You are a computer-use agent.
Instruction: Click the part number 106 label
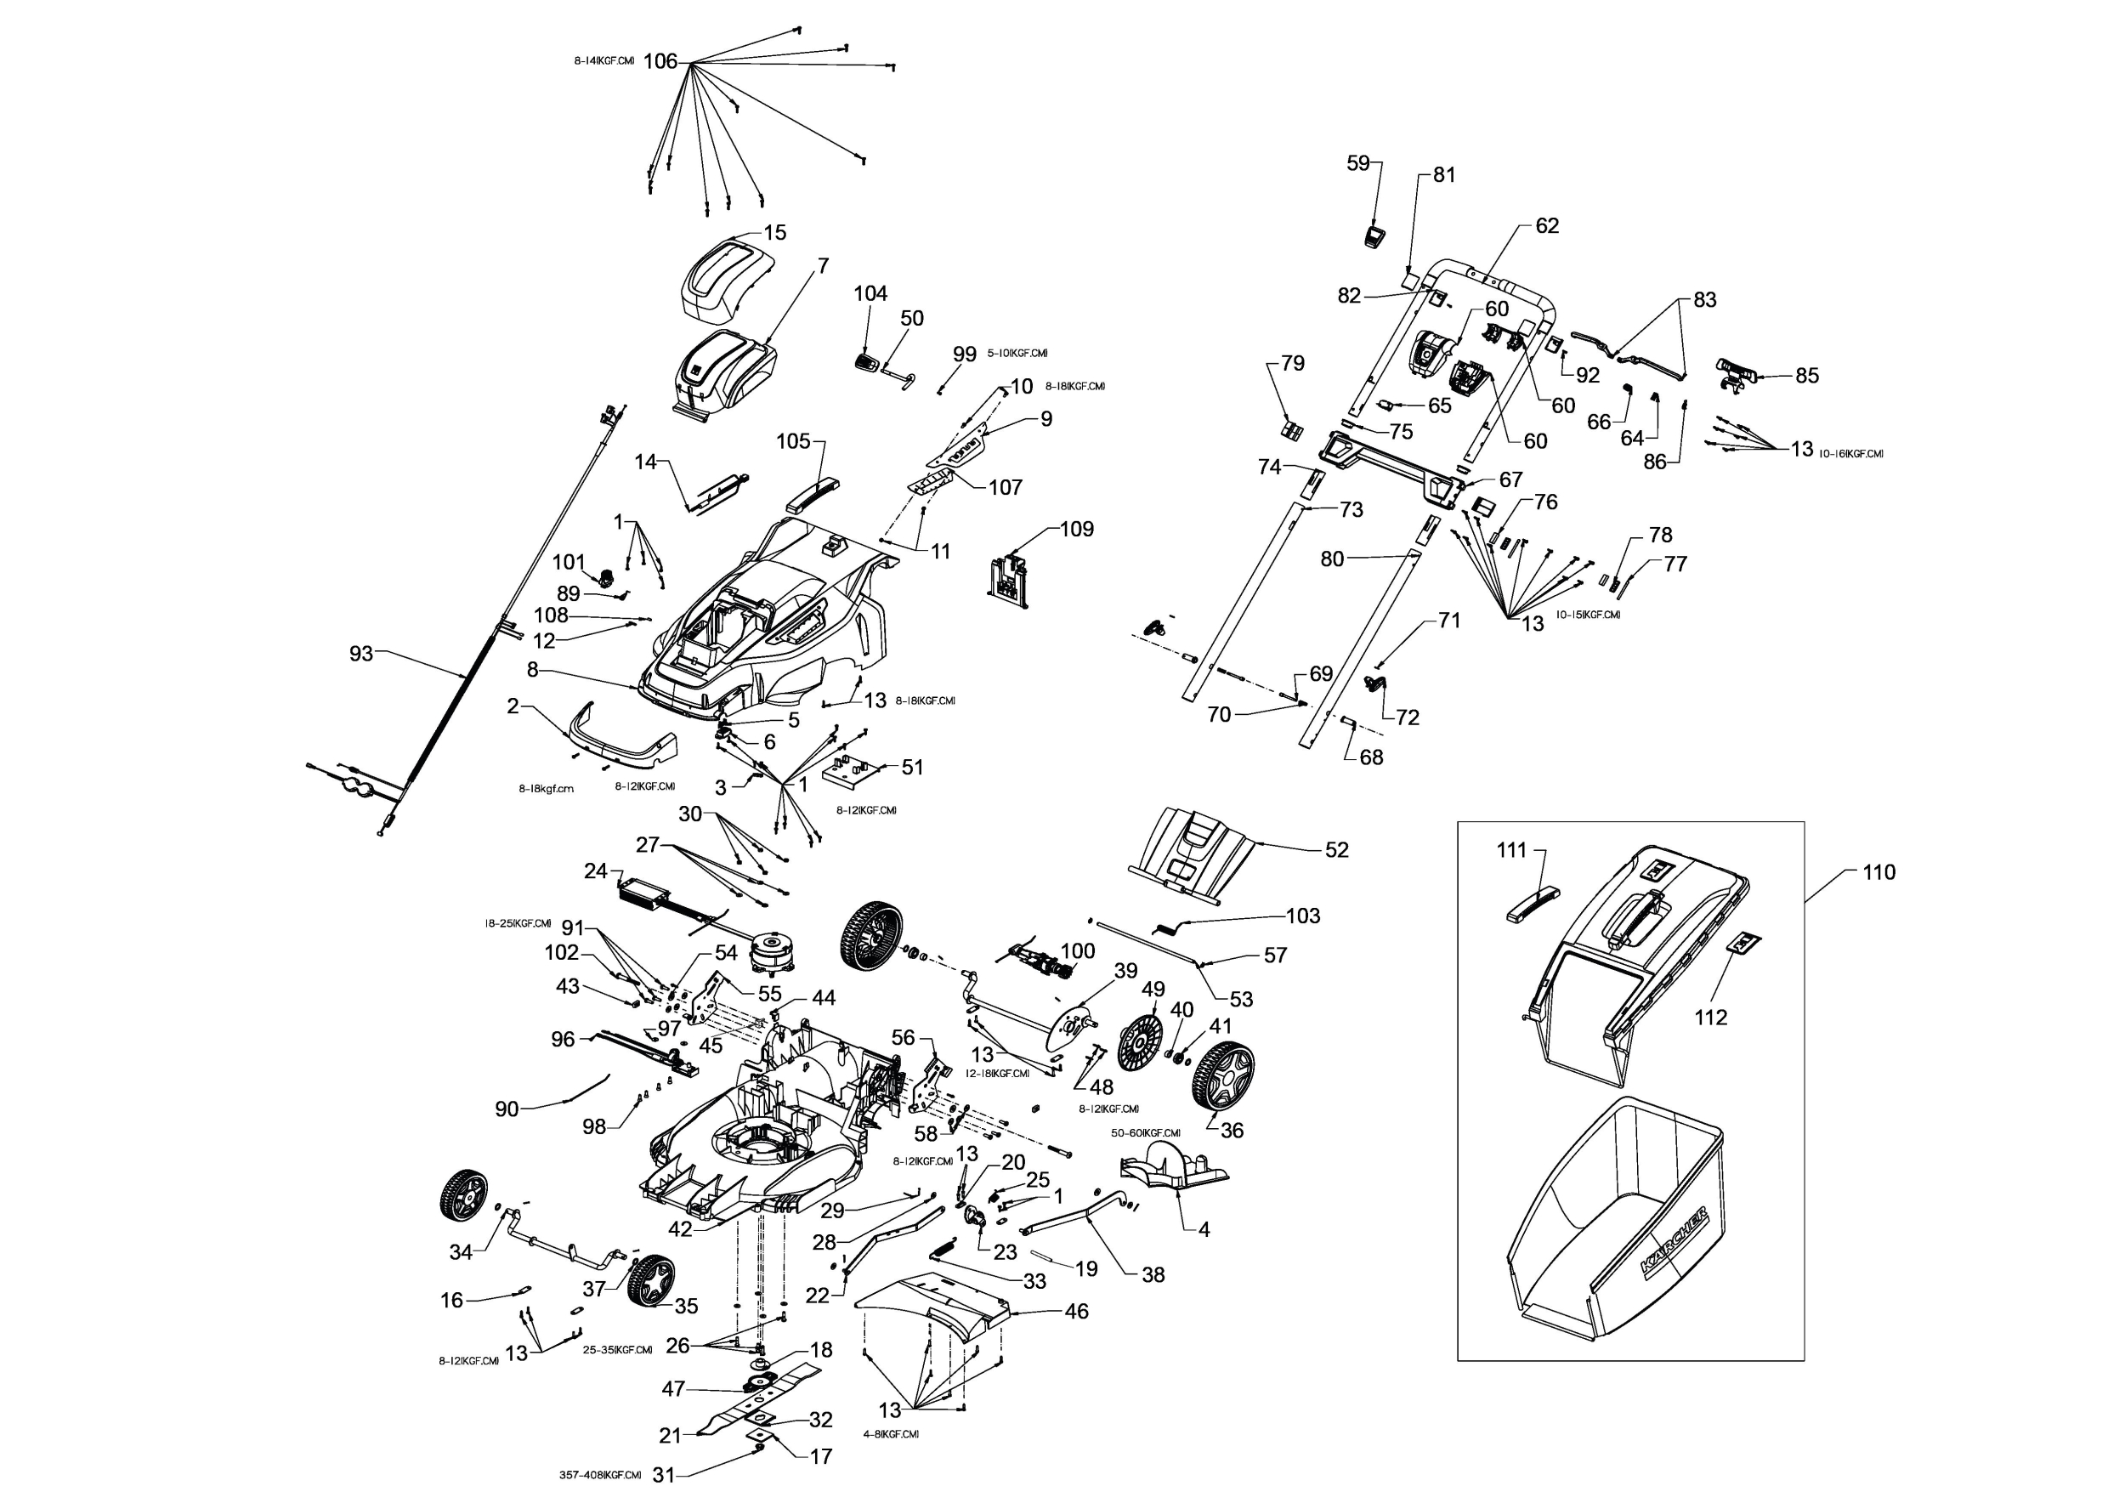pyautogui.click(x=660, y=62)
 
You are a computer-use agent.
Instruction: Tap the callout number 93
pyautogui.click(x=361, y=654)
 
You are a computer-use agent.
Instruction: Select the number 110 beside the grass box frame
pyautogui.click(x=1878, y=872)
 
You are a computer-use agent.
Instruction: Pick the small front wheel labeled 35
pyautogui.click(x=650, y=1280)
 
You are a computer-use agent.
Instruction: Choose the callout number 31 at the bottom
pyautogui.click(x=664, y=1475)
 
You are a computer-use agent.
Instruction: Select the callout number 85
pyautogui.click(x=1806, y=376)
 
